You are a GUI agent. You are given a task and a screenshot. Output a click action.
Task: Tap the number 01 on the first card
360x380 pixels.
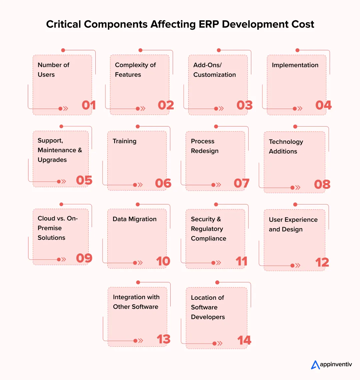[x=89, y=105]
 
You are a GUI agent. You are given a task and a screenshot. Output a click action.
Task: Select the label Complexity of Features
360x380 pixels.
[x=135, y=70]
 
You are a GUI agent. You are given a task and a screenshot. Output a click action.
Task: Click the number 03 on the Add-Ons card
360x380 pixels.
[x=244, y=105]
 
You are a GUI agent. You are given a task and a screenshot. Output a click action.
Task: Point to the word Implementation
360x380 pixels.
[x=295, y=65]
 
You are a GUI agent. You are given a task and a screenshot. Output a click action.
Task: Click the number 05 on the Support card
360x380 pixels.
[x=84, y=180]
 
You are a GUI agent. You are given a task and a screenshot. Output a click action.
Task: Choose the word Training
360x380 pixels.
[x=124, y=141]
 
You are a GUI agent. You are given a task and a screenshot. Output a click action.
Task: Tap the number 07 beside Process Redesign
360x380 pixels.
[x=241, y=183]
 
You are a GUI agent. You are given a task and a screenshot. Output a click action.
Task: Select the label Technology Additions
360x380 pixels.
[x=286, y=147]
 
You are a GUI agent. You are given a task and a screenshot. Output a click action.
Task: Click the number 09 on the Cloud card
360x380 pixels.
[x=84, y=258]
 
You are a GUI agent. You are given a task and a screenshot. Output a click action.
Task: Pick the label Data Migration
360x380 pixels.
[x=134, y=219]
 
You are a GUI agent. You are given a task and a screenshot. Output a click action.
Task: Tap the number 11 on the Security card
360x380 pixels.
[x=241, y=261]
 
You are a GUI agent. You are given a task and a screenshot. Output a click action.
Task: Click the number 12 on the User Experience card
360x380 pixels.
[x=322, y=262]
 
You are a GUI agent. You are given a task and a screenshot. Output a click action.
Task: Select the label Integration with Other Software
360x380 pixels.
[x=136, y=302]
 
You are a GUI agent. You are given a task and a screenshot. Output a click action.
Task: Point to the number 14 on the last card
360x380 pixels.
[x=244, y=340]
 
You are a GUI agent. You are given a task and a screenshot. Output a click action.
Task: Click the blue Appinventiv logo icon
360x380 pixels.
[x=315, y=365]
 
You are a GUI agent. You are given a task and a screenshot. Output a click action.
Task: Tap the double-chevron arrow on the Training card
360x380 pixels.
[x=140, y=185]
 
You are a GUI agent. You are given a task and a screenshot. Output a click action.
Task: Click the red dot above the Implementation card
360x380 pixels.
[x=297, y=50]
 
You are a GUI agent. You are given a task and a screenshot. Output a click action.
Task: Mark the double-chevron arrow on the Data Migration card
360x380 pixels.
[x=140, y=263]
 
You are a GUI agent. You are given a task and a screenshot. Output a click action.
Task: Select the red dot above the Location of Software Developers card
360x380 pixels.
[x=217, y=282]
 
